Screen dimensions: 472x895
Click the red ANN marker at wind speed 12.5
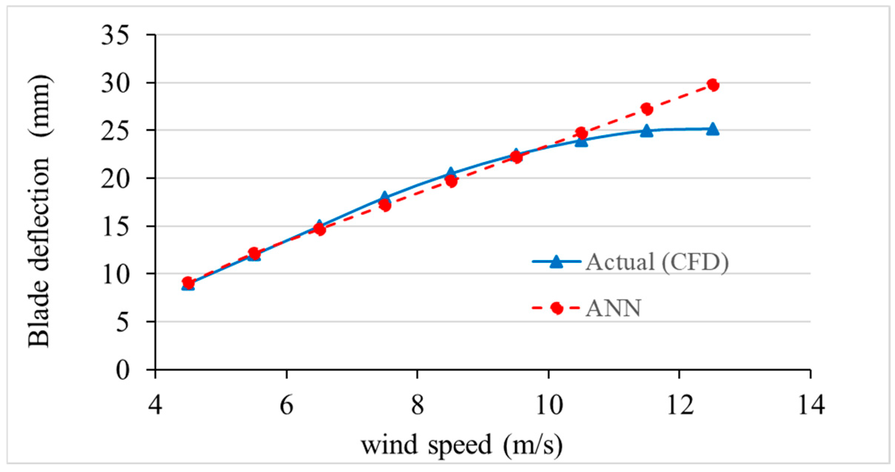[x=713, y=85]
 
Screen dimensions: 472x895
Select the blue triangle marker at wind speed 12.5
[x=712, y=129]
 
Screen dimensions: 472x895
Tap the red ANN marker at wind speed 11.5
[x=647, y=109]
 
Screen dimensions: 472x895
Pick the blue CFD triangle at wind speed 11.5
[x=647, y=131]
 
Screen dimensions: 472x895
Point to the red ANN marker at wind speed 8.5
[x=451, y=181]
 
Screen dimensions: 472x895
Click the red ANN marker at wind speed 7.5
[x=385, y=205]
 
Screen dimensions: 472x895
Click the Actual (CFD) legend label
[x=657, y=262]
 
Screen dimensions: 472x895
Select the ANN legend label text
[x=613, y=308]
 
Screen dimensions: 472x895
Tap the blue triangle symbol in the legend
[x=556, y=262]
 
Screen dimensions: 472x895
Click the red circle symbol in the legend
[x=556, y=308]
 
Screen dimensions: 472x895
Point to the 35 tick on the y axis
[x=115, y=36]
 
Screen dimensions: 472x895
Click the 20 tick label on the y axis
[x=115, y=179]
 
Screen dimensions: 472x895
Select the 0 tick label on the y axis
[x=123, y=370]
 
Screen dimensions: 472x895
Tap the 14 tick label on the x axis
[x=811, y=405]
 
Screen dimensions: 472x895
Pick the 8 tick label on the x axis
[x=418, y=405]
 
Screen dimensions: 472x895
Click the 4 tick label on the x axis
[x=155, y=405]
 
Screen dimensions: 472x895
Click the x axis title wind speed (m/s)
[x=462, y=445]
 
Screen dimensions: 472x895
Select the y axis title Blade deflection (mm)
[x=39, y=211]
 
